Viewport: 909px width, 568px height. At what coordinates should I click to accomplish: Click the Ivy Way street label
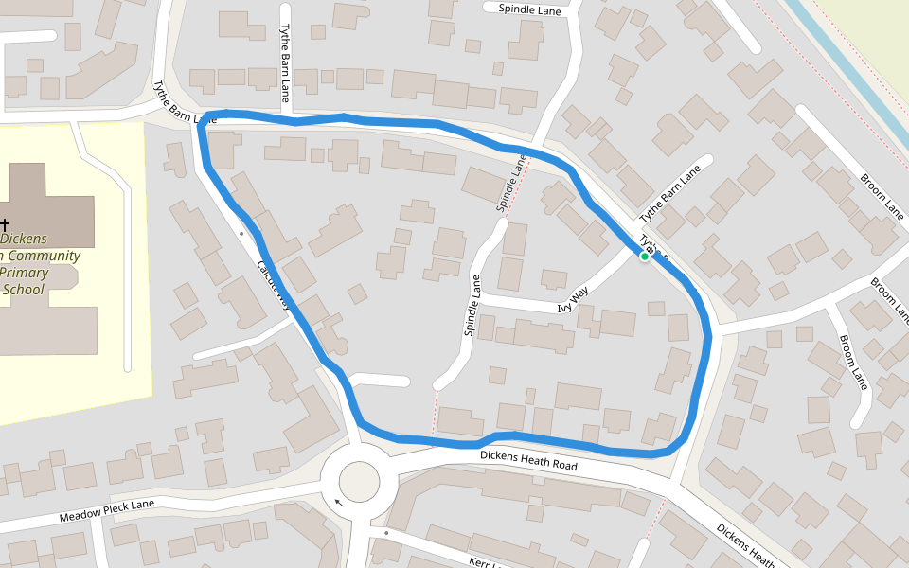[x=573, y=299]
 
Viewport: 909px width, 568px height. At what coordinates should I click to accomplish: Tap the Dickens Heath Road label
[x=527, y=461]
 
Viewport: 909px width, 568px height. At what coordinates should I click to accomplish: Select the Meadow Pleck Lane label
[x=106, y=511]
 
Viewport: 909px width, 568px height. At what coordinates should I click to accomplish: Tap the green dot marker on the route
[x=645, y=256]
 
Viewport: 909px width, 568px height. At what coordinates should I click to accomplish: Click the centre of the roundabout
[x=359, y=481]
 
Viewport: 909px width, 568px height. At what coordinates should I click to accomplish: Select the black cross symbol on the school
[x=5, y=225]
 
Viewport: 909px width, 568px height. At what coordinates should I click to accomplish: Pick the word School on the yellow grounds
[x=23, y=290]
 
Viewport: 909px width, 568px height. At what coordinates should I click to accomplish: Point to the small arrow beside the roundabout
[x=339, y=503]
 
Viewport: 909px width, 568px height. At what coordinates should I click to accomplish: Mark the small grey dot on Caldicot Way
[x=242, y=232]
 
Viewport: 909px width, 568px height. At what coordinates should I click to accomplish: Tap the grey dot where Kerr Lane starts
[x=386, y=533]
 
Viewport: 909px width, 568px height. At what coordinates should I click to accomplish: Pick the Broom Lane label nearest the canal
[x=882, y=193]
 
